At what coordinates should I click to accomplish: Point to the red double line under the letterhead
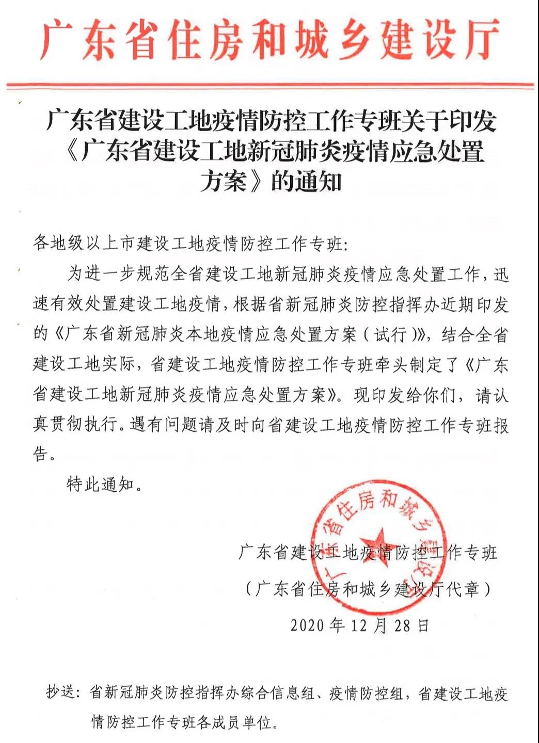[x=269, y=85]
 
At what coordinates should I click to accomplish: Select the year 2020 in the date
[x=307, y=625]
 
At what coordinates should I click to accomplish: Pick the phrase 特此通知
[x=100, y=484]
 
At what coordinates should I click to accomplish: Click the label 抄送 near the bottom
[x=61, y=692]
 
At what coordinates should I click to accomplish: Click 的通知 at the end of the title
[x=307, y=182]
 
